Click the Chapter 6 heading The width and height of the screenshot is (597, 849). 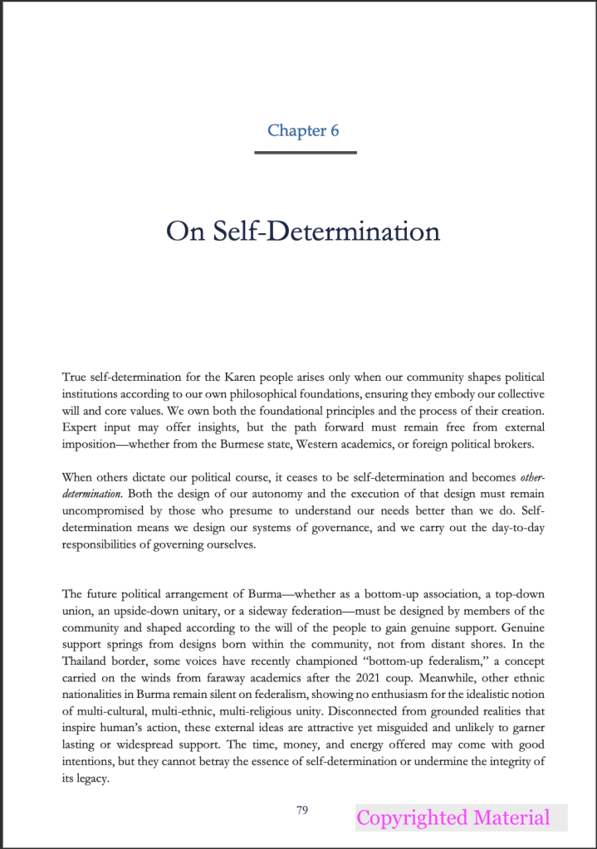[x=303, y=130]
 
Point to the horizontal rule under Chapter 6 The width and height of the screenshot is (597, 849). [x=306, y=153]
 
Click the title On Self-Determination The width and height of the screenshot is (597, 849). [x=303, y=230]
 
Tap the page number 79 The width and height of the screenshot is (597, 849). [x=302, y=809]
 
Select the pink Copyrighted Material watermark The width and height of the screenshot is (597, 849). [x=453, y=817]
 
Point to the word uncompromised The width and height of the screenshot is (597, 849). [x=104, y=515]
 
